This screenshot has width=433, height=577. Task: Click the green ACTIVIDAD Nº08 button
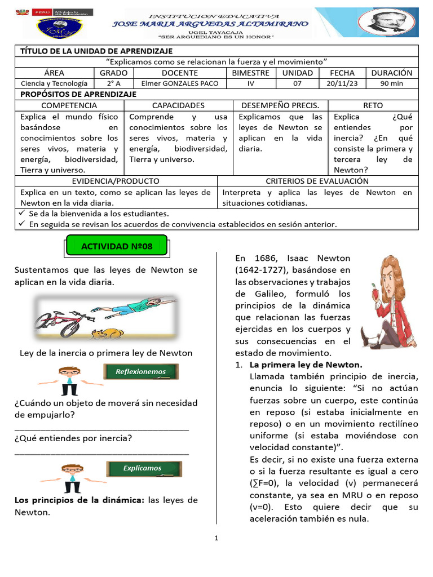(x=117, y=246)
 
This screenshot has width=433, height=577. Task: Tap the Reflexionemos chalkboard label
(x=141, y=372)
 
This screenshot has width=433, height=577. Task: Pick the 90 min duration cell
(x=392, y=83)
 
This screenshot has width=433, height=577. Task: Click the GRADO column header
(x=113, y=73)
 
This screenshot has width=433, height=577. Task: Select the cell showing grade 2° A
(x=113, y=83)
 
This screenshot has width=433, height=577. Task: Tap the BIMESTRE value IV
(x=250, y=83)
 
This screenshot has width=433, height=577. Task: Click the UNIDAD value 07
(x=297, y=83)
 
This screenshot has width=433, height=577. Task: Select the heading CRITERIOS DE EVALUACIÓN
(x=317, y=181)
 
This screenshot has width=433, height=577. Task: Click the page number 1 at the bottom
(x=216, y=539)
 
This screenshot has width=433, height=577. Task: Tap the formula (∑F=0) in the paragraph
(x=264, y=483)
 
